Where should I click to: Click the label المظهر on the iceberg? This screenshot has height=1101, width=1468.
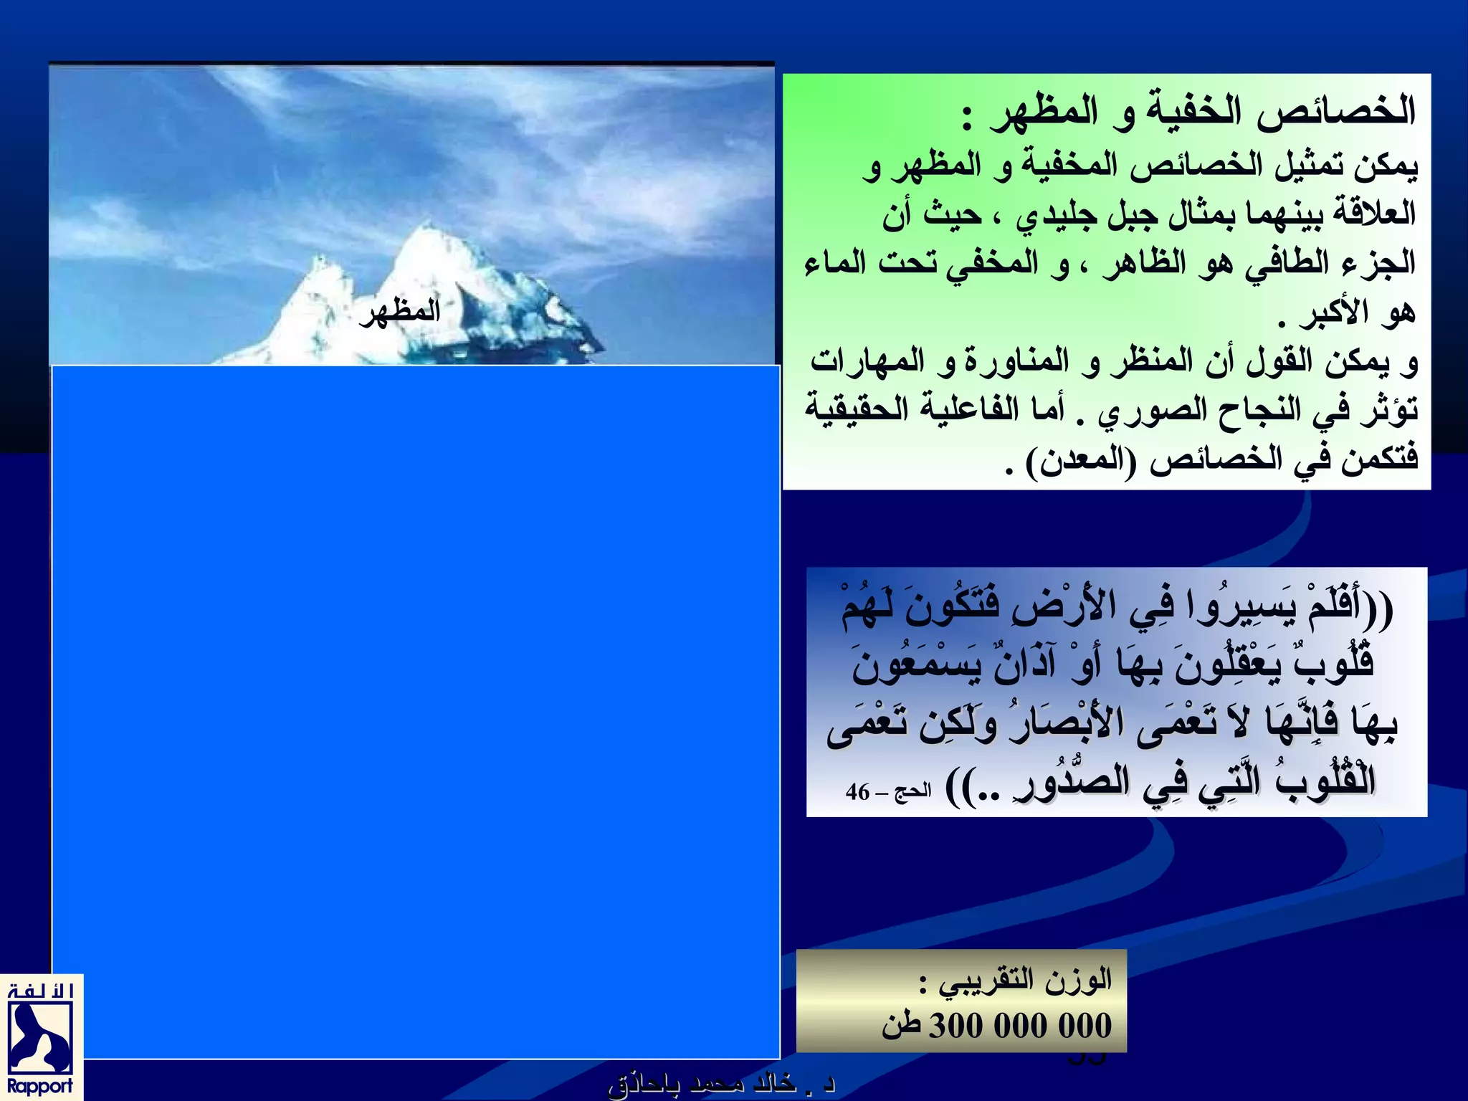[x=400, y=313]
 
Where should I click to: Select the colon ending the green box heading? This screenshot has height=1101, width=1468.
[x=967, y=119]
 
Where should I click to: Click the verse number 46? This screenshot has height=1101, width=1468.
[x=857, y=792]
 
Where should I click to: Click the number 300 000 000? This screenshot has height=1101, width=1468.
[x=1020, y=1026]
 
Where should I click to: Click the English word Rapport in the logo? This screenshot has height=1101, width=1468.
[x=40, y=1086]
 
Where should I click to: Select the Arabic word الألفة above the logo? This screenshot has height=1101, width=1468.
[x=41, y=991]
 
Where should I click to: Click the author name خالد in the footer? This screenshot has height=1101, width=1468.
[x=769, y=1084]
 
